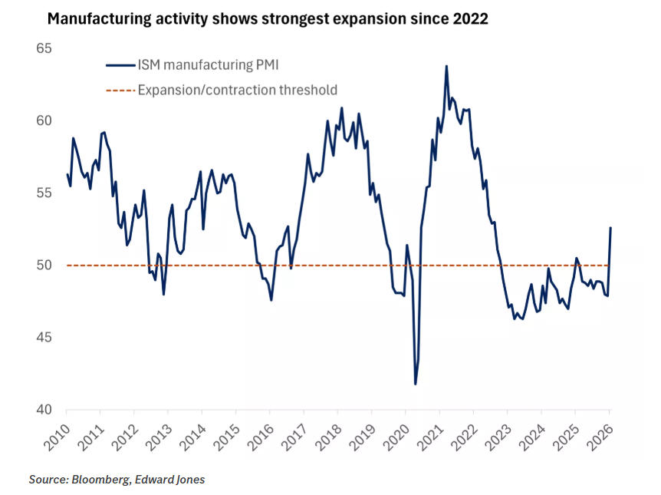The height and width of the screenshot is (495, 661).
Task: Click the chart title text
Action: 268,19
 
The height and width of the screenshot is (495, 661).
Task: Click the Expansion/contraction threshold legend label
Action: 237,90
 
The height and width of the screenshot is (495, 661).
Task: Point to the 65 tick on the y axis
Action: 44,48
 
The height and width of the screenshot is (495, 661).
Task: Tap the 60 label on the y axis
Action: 44,120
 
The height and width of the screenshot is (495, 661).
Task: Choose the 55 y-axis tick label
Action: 44,193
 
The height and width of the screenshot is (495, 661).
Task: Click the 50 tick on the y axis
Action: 44,266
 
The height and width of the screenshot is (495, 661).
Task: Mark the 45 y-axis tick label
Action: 44,338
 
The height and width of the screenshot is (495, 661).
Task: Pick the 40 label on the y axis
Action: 44,410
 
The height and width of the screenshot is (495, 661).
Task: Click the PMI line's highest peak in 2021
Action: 446,66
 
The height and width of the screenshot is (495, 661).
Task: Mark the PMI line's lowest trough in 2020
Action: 416,384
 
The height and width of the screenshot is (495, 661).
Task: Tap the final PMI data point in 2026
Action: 610,227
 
